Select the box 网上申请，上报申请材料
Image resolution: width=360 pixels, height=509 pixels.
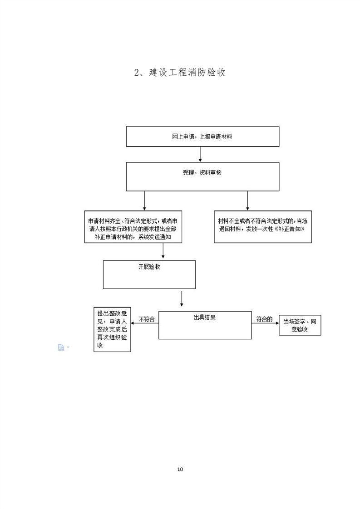tap(202, 137)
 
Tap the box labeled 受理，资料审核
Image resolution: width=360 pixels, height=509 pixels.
tap(202, 176)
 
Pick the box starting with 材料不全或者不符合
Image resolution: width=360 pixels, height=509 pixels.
tap(263, 226)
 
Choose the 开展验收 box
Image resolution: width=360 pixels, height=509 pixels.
tap(149, 274)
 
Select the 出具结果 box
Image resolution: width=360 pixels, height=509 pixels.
tap(205, 325)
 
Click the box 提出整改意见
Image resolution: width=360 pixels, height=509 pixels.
tap(112, 329)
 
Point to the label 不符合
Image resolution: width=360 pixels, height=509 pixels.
tap(147, 319)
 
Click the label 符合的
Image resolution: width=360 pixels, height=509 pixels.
tap(264, 319)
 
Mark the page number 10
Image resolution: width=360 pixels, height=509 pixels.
tap(180, 469)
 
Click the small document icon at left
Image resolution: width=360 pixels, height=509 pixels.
tap(61, 347)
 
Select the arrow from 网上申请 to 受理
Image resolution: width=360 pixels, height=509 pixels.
tap(200, 155)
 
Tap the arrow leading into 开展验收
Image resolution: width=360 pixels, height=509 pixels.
tap(163, 251)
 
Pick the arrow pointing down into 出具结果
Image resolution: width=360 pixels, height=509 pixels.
tap(182, 299)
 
